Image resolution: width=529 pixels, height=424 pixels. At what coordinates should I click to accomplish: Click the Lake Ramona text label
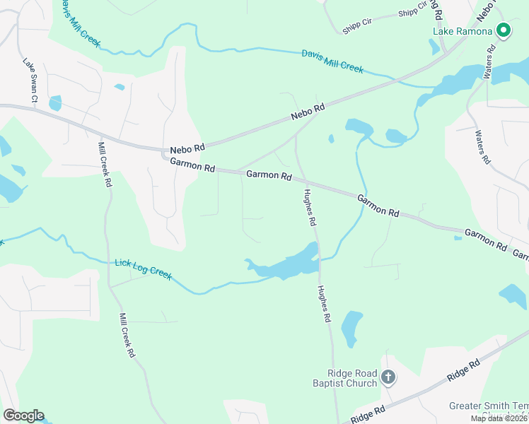[x=463, y=31]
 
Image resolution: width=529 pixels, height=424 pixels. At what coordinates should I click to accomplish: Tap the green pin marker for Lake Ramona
[x=504, y=30]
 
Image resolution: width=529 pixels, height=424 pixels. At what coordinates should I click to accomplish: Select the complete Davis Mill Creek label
[x=332, y=61]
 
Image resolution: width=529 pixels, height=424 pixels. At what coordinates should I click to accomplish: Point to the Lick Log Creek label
[x=143, y=269]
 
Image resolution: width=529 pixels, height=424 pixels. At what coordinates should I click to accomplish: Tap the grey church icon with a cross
[x=388, y=377]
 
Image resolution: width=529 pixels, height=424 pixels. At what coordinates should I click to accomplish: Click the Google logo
[x=23, y=416]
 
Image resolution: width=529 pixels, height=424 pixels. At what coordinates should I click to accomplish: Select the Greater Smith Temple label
[x=489, y=406]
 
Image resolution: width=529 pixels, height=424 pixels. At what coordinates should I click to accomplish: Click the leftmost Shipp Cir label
[x=357, y=23]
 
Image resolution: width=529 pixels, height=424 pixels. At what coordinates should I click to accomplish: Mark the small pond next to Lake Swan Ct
[x=55, y=103]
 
